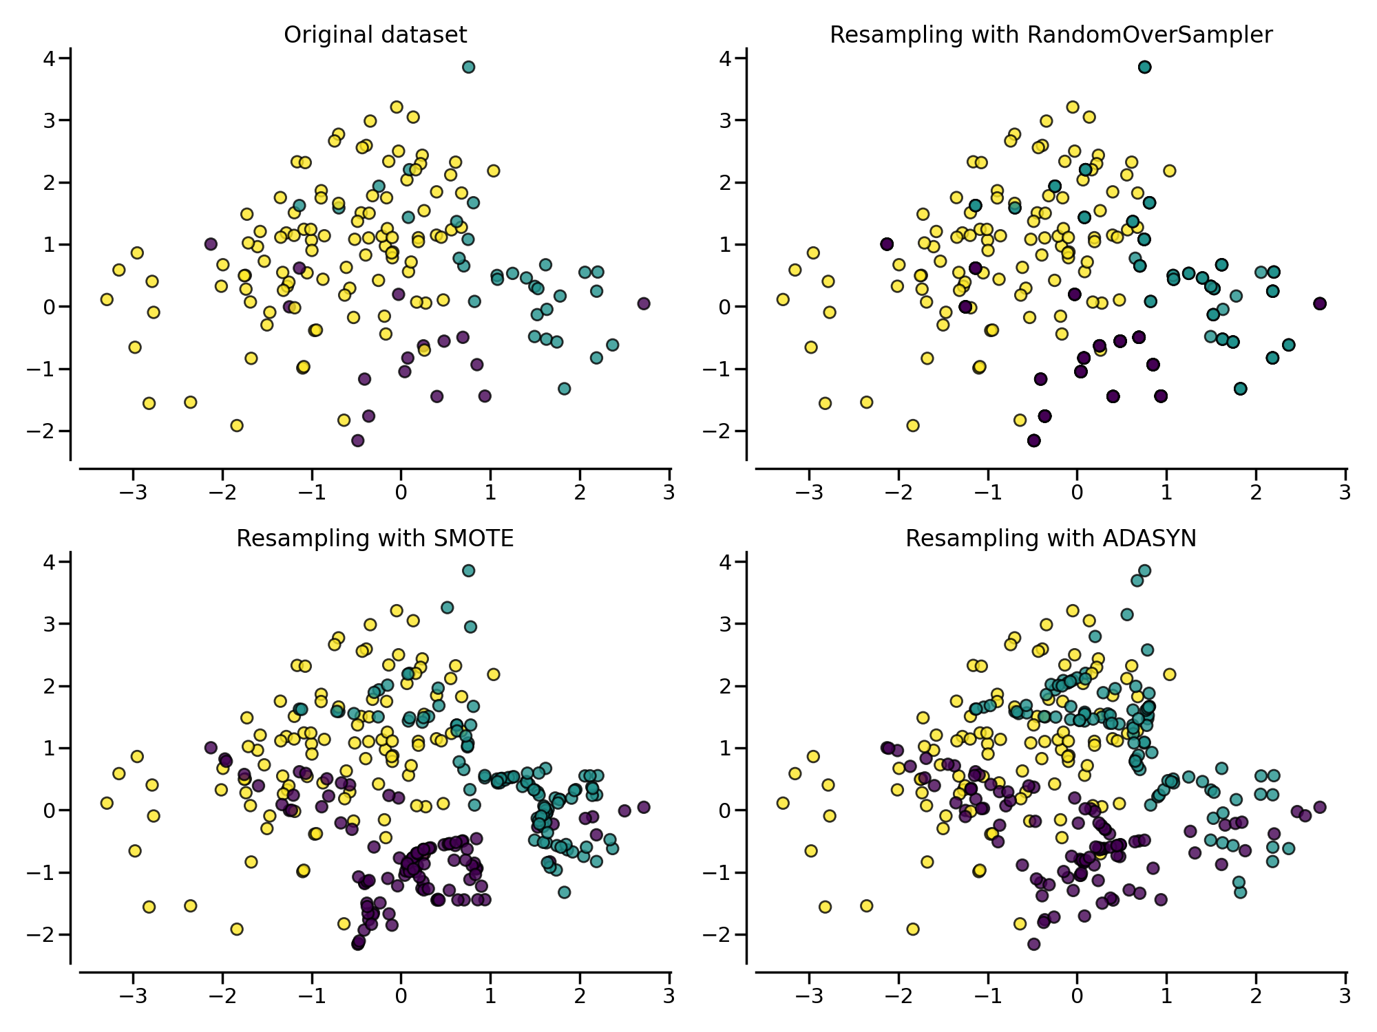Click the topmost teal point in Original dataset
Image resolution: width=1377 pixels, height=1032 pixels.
click(x=468, y=67)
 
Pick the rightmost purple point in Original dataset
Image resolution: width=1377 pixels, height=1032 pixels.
click(x=644, y=303)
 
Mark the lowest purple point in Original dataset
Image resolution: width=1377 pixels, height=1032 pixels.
click(x=357, y=440)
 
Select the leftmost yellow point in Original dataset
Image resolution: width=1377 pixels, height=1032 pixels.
click(x=107, y=299)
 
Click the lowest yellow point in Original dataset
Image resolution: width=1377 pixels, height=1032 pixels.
click(x=237, y=425)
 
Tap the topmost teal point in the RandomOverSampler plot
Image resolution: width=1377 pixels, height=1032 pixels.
click(x=1144, y=67)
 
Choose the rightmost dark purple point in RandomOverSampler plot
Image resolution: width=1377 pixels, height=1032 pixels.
click(x=1320, y=303)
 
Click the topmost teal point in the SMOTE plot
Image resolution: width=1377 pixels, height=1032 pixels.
click(x=468, y=570)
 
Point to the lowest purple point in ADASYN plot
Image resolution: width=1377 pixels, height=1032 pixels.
click(x=1033, y=944)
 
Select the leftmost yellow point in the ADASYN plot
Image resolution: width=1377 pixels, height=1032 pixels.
click(x=783, y=803)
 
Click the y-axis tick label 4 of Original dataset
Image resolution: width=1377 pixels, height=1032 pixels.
click(x=49, y=58)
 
